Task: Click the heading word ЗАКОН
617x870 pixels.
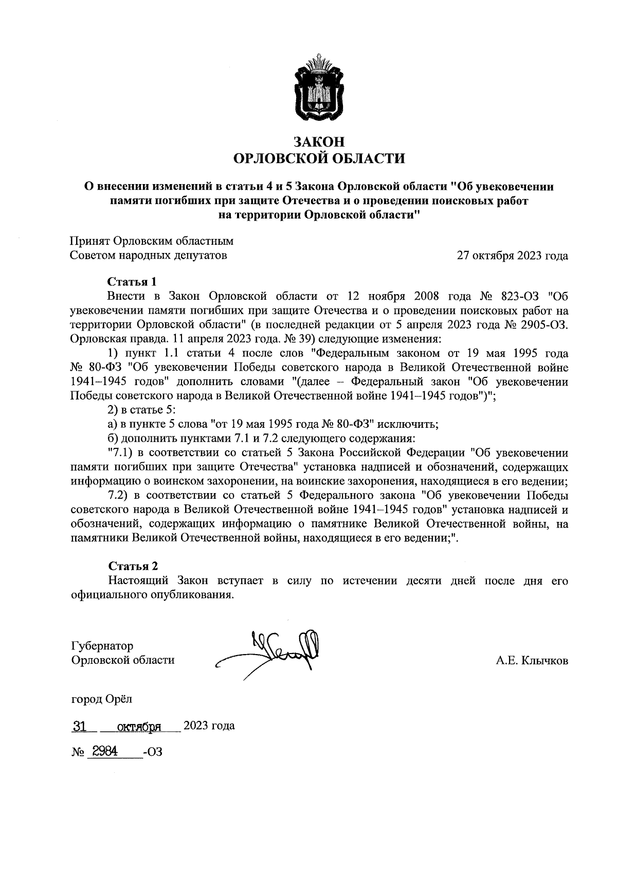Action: (x=319, y=141)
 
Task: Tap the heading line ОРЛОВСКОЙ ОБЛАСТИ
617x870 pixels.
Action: (x=319, y=158)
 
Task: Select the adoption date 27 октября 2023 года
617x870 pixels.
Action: (x=513, y=256)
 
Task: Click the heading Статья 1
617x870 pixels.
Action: (x=132, y=282)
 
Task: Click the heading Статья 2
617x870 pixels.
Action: (x=133, y=566)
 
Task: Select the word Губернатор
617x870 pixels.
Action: (x=102, y=646)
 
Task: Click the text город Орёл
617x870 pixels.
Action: (x=101, y=699)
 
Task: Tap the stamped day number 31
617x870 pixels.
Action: (x=79, y=727)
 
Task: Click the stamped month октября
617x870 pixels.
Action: (x=139, y=727)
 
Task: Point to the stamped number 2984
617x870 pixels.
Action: (x=103, y=752)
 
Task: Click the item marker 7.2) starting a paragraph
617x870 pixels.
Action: (x=118, y=496)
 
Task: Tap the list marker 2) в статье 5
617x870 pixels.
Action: (x=113, y=410)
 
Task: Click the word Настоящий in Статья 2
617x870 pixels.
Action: (x=139, y=581)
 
